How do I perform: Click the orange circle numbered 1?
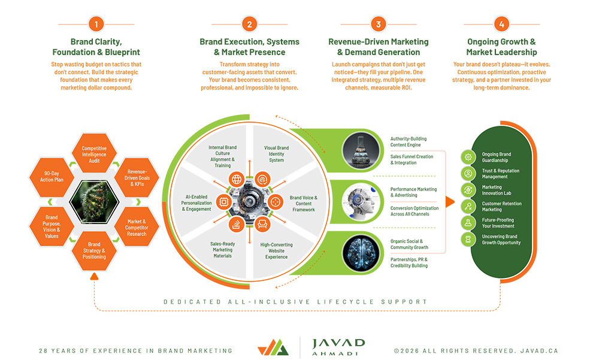tap(96, 25)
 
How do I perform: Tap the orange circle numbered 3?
tap(378, 25)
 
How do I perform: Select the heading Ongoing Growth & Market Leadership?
tap(501, 47)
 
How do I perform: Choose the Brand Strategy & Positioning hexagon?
tap(94, 250)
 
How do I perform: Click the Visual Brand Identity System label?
tap(276, 154)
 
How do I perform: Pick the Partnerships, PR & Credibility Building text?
tap(409, 262)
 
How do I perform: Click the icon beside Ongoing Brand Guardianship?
tap(468, 157)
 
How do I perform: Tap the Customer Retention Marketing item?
tap(501, 207)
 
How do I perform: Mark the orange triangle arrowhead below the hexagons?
tap(94, 276)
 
